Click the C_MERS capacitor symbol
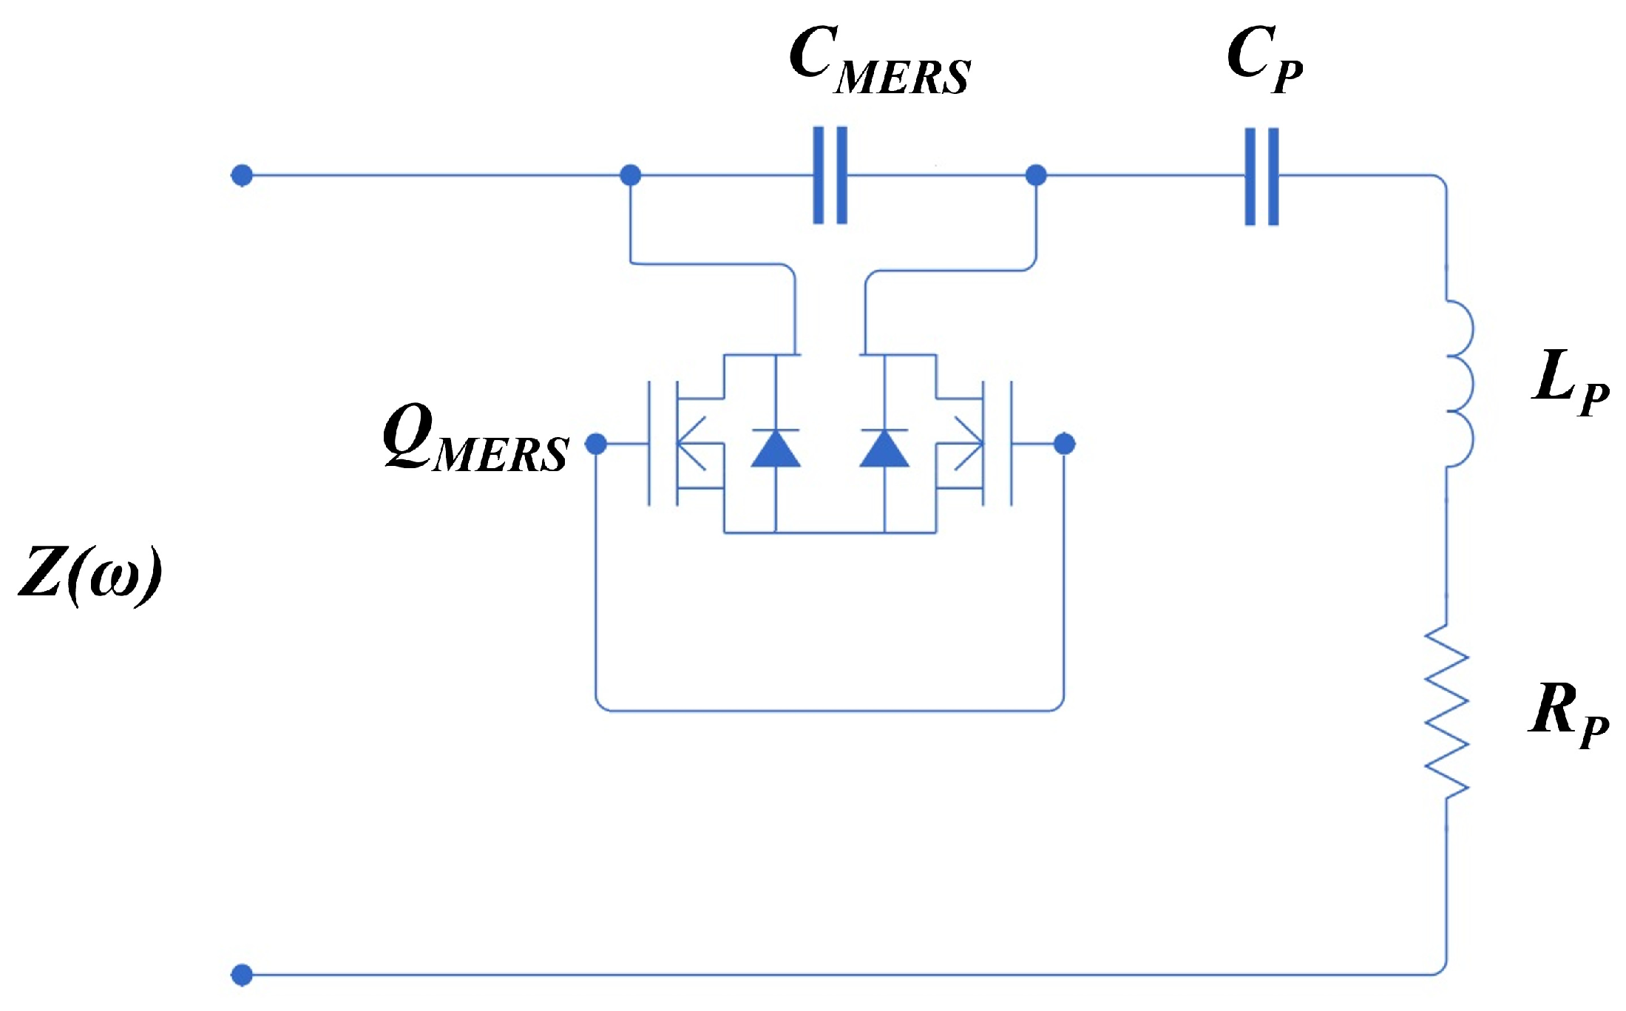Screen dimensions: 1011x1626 coord(830,175)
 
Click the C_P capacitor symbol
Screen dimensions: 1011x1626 coord(1261,176)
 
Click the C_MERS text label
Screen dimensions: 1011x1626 coord(879,61)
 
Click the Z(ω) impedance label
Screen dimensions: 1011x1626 coord(90,575)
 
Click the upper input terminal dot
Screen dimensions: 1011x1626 coord(242,175)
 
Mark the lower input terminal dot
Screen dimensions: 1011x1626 coord(242,975)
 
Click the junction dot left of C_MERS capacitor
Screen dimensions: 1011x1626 coord(630,175)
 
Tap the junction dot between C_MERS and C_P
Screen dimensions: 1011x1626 coord(1037,175)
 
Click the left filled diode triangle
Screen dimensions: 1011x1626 coord(775,450)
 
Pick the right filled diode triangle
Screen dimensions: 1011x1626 coord(884,450)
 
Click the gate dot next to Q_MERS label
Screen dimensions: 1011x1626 coord(596,444)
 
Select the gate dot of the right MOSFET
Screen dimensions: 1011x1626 coord(1064,444)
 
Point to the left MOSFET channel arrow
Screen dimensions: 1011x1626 coord(691,444)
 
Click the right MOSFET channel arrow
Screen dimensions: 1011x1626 coord(969,444)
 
